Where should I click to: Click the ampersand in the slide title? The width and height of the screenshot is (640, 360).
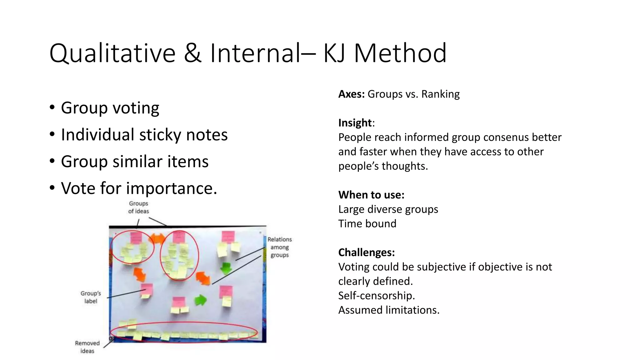192,53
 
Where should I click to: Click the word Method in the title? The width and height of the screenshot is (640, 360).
400,53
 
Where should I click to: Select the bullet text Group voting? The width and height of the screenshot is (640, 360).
110,108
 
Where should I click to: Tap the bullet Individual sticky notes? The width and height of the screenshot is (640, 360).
144,135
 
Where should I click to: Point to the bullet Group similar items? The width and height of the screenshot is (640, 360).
135,162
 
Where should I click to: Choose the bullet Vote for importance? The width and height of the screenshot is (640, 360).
139,188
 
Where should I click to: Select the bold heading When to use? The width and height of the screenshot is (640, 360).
371,195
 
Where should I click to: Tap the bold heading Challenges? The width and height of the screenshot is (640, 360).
367,252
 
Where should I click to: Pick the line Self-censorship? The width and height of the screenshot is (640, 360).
377,295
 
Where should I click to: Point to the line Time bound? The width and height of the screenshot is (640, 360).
367,223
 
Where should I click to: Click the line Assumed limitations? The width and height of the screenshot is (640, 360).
389,310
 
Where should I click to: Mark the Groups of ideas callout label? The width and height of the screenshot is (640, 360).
138,207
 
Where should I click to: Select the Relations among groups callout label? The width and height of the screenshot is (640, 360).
279,247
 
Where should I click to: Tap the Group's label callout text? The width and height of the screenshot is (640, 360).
91,297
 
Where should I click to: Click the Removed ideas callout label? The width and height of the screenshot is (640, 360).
87,347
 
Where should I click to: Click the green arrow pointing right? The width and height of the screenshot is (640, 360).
200,300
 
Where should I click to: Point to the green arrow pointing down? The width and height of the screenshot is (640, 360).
226,268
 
